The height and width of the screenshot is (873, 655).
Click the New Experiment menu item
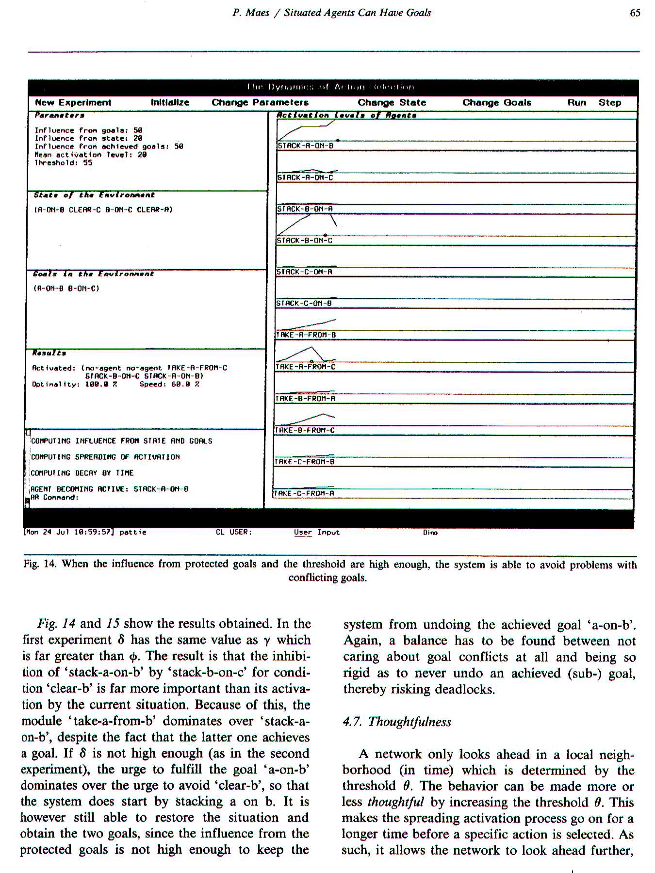(x=73, y=103)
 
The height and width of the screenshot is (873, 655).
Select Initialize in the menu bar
(x=170, y=103)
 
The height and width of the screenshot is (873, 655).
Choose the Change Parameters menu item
(x=260, y=103)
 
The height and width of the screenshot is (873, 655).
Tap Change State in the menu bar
(x=392, y=103)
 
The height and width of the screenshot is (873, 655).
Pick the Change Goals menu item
(x=496, y=103)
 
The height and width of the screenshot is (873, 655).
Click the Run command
(x=576, y=103)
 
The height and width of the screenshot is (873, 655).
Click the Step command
(x=609, y=103)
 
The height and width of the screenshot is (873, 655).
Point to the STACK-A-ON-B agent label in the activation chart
(x=305, y=145)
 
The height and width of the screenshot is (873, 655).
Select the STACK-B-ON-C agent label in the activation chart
(x=304, y=241)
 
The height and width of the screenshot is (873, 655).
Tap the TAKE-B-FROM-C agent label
(x=304, y=430)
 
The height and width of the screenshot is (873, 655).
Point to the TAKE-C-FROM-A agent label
(x=304, y=494)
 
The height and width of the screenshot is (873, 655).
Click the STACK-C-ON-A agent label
(x=304, y=272)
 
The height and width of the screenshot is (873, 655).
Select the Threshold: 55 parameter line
(x=63, y=163)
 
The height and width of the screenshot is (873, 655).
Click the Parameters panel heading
(x=59, y=115)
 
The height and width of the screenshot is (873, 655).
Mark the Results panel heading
(x=49, y=353)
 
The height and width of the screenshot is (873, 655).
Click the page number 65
(x=635, y=13)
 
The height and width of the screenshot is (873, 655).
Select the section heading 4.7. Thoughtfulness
(x=397, y=722)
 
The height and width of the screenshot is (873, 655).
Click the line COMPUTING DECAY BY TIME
(x=82, y=473)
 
